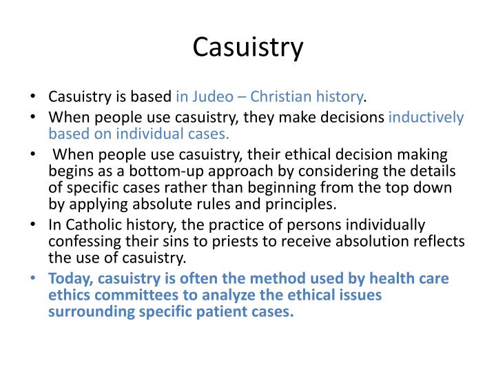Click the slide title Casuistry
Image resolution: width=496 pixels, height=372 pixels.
point(248,47)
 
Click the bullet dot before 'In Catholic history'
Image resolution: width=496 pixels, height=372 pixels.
point(34,225)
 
